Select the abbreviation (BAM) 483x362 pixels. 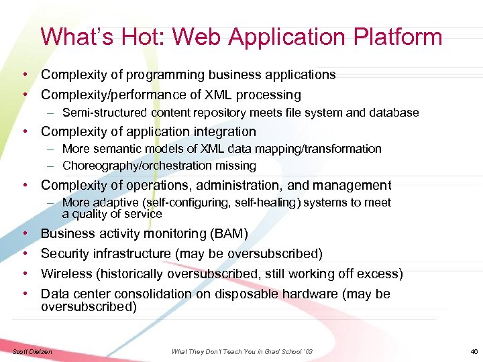(x=228, y=233)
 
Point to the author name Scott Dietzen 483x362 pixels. (x=32, y=352)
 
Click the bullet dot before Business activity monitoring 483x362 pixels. (x=24, y=233)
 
